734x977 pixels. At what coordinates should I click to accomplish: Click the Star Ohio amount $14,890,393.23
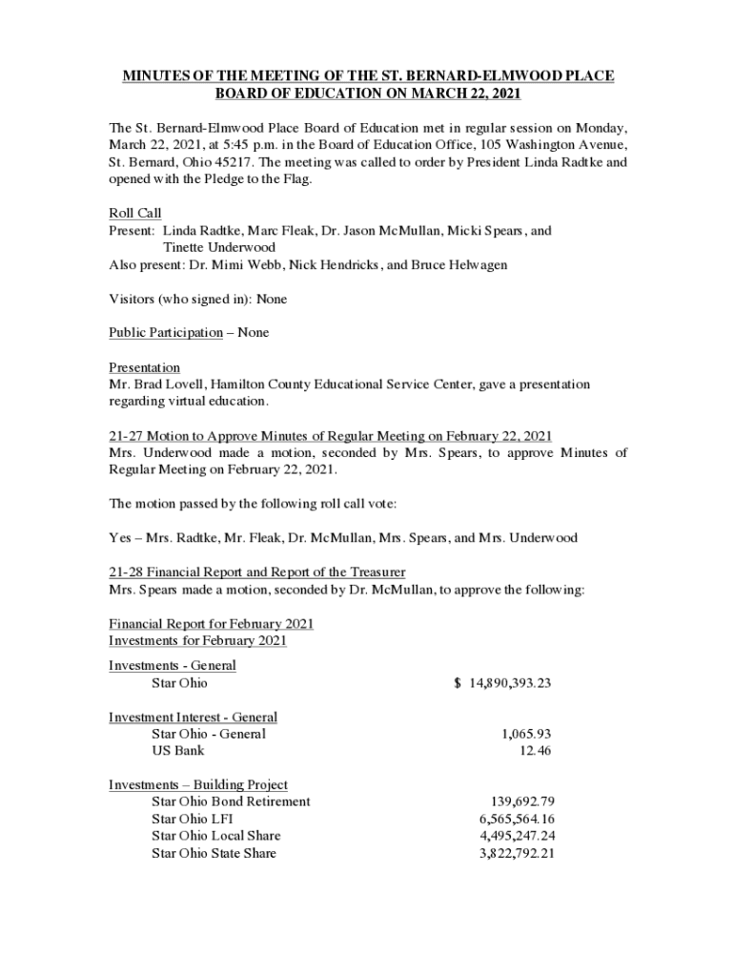pos(502,683)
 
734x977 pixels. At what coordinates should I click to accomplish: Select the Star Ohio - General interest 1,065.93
pos(526,734)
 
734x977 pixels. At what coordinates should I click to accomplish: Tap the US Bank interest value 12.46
pos(536,751)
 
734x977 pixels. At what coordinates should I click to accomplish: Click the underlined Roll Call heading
pos(134,214)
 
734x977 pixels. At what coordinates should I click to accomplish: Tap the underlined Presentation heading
pos(144,367)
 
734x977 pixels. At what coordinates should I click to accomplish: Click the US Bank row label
pos(177,751)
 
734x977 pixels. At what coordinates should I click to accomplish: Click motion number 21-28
pos(126,572)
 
